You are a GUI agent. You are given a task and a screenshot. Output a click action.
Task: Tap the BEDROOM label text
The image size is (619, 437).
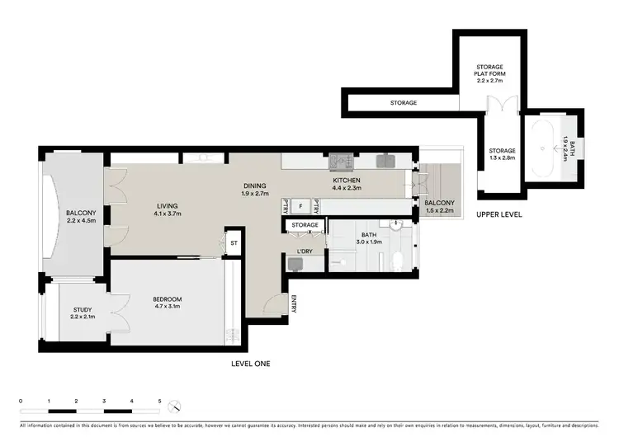pyautogui.click(x=167, y=298)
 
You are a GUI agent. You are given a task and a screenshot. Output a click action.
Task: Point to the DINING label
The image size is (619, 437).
pyautogui.click(x=254, y=186)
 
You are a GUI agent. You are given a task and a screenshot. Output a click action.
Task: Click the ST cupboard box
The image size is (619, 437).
pyautogui.click(x=234, y=243)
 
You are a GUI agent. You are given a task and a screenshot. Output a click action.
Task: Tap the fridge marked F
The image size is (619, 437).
pyautogui.click(x=301, y=204)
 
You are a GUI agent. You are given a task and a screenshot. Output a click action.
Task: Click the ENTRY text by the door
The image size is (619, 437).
pyautogui.click(x=294, y=304)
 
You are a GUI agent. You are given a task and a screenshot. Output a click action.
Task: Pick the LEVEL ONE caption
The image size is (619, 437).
pyautogui.click(x=252, y=364)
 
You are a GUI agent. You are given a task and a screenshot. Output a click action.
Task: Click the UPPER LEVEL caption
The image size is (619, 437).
pyautogui.click(x=498, y=214)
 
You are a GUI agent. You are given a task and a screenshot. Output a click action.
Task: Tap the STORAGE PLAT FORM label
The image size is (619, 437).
pyautogui.click(x=490, y=72)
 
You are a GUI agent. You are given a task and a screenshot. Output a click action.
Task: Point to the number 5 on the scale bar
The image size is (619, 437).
pyautogui.click(x=159, y=402)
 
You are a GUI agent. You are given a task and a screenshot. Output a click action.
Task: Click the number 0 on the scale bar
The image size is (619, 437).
pyautogui.click(x=21, y=402)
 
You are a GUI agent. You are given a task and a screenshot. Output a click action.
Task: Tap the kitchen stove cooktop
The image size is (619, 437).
pyautogui.click(x=338, y=161)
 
